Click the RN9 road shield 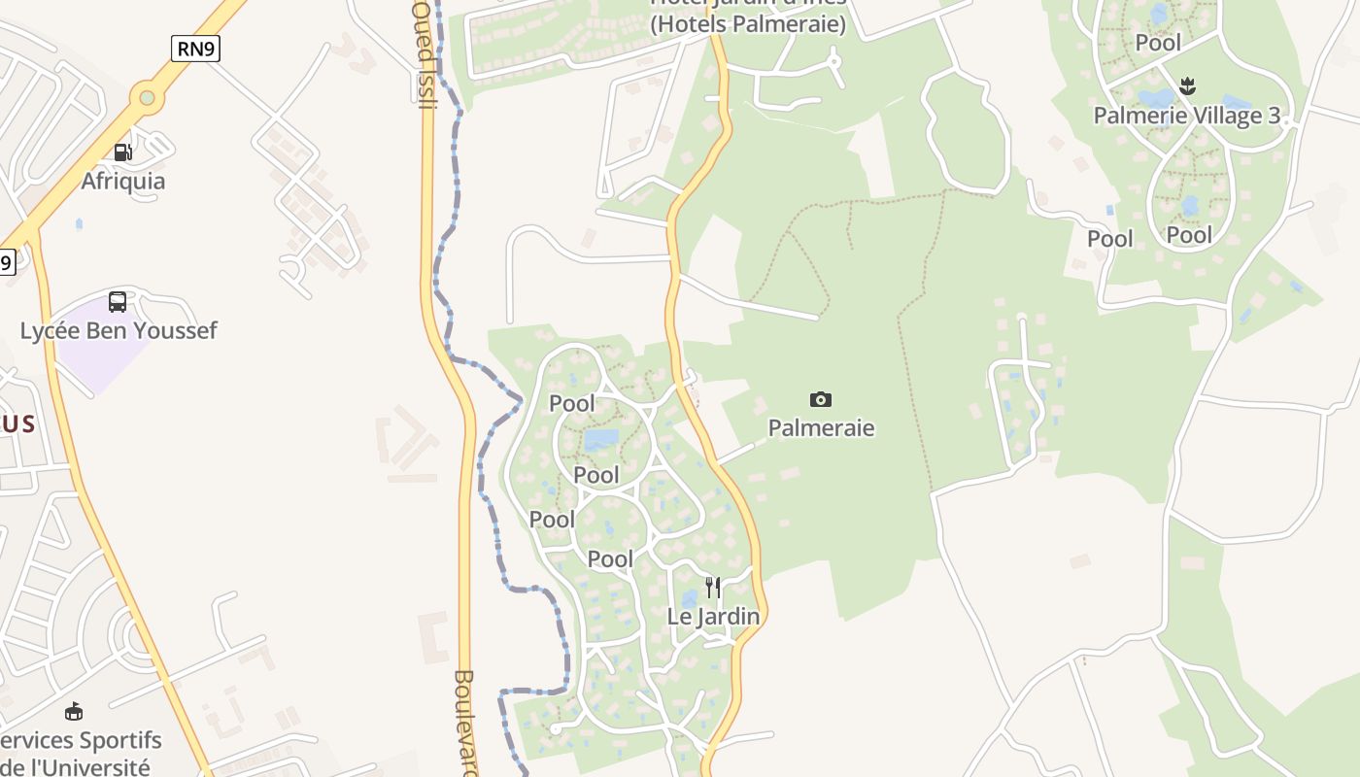(x=195, y=48)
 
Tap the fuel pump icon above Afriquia (x=122, y=152)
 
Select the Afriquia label (x=122, y=181)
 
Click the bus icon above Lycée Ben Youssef (x=118, y=302)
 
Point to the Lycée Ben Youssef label (x=119, y=330)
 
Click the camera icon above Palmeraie (x=821, y=399)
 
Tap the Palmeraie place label (x=821, y=427)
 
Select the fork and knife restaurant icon (x=713, y=588)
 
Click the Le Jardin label (x=713, y=616)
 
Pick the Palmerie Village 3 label (x=1186, y=116)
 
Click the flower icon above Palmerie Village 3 (x=1186, y=87)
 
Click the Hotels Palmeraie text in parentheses (x=747, y=25)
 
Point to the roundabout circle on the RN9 (x=147, y=97)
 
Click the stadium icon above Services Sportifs (x=73, y=712)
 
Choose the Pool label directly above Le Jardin (x=610, y=558)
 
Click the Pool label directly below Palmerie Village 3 (x=1189, y=235)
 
